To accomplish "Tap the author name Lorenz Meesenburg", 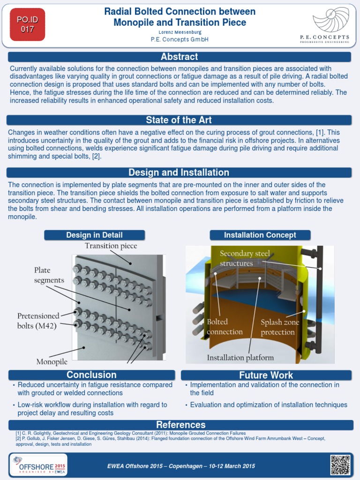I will coord(180,31).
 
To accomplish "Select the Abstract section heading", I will coord(180,57).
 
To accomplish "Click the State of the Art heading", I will coord(180,120).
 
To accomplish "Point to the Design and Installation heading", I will coord(180,172).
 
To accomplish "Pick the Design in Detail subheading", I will coord(94,235).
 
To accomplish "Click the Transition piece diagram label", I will coord(111,246).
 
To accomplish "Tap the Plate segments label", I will coord(49,275).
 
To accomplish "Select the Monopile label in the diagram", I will coord(52,361).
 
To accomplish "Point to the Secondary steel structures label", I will coord(245,258).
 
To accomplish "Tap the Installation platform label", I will coord(240,358).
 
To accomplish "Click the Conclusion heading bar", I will coord(91,375).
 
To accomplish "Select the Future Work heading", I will coord(266,375).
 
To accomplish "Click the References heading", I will coord(180,425).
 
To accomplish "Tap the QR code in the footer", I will coord(340,465).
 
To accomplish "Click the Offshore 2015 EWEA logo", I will coord(39,465).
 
